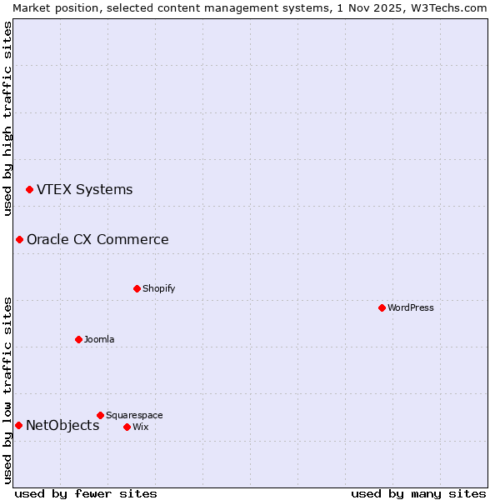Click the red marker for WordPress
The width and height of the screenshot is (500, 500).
click(382, 307)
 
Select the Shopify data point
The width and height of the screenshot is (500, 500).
click(137, 288)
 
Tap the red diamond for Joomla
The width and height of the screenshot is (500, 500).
click(78, 339)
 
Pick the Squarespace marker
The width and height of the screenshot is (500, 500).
click(100, 415)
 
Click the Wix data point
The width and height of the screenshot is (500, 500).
click(127, 427)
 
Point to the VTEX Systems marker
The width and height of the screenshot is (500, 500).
click(29, 190)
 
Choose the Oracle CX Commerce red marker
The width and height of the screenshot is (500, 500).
click(19, 240)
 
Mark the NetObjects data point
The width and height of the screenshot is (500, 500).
click(18, 426)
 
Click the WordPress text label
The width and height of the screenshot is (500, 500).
click(411, 307)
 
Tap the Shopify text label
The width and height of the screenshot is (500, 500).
click(158, 288)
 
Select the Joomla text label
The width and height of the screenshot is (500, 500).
click(99, 339)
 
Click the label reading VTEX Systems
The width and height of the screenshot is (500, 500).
click(84, 190)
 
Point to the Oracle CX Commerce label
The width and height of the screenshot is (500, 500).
click(97, 240)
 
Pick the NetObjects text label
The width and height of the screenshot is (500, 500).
click(62, 426)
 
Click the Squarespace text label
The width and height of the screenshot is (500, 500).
click(134, 415)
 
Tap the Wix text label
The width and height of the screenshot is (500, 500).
click(141, 427)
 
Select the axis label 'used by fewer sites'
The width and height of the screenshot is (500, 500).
click(86, 493)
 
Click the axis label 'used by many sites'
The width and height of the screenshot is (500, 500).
click(418, 493)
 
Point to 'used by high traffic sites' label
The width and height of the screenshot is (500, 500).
click(7, 118)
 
